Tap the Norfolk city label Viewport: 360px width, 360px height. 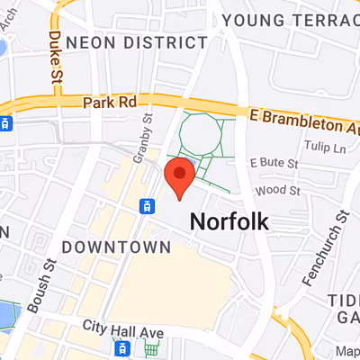coord(229,221)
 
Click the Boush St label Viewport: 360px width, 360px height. coord(41,287)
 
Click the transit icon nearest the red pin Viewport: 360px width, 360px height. coord(145,206)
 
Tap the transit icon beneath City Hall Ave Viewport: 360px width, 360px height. coord(124,347)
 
